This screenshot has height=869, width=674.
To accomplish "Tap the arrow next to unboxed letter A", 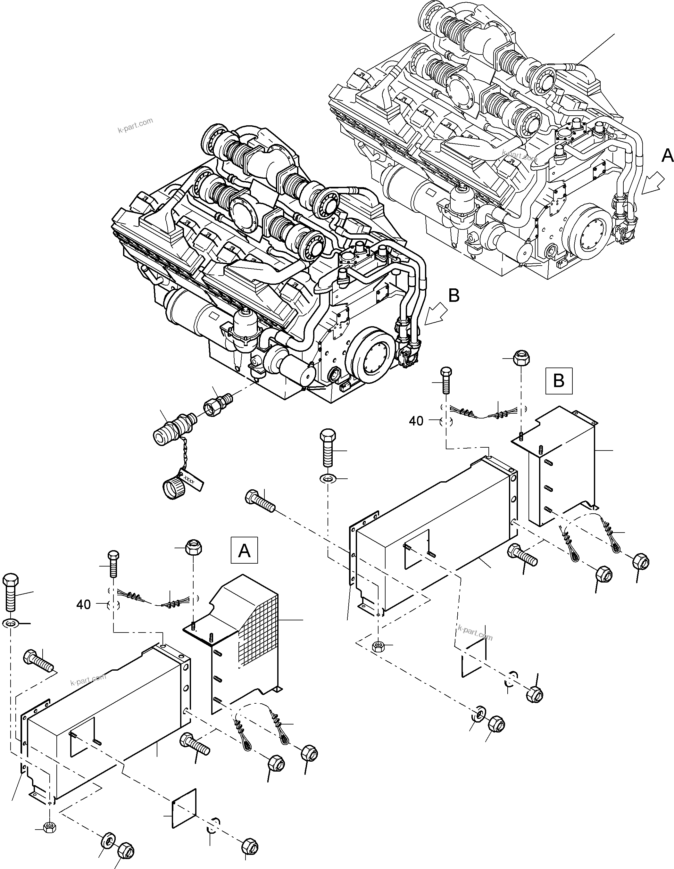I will pos(653,186).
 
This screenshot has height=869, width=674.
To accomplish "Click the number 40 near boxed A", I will pos(83,605).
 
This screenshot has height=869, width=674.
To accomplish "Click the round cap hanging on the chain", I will pos(173,489).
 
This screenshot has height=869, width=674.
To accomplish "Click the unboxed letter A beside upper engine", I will pos(667,156).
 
